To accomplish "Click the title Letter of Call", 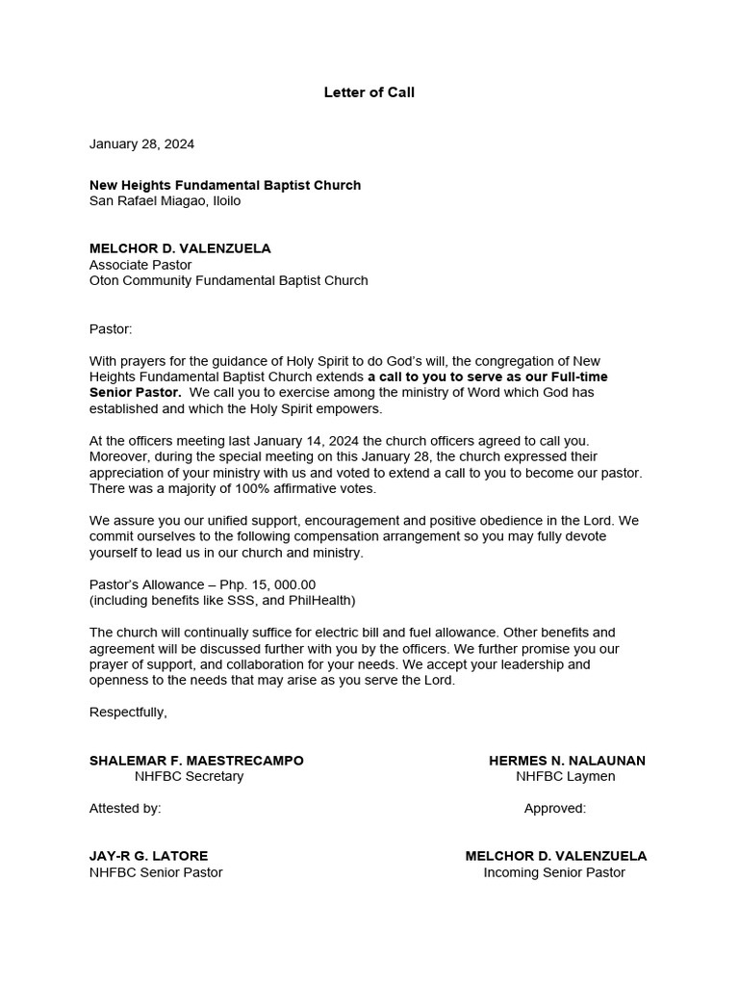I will coord(369,92).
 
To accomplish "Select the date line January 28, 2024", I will coord(141,144).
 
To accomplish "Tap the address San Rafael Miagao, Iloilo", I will coord(165,201).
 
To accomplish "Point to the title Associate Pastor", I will coord(140,265).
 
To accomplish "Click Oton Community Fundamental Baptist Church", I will coord(228,281).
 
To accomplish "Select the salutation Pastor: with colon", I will coord(111,328).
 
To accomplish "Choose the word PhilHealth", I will coord(319,601).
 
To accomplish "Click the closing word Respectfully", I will coord(128,712).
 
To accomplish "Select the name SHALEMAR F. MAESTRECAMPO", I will coord(196,761).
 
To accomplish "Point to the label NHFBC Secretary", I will coord(189,776).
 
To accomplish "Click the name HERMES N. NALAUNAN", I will coord(567,761).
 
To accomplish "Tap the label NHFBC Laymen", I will coord(565,776).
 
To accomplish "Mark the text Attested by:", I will coord(125,808).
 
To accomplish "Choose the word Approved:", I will coord(554,808).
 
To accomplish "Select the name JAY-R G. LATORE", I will coord(148,856).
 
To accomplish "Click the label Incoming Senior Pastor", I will coord(554,872).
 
